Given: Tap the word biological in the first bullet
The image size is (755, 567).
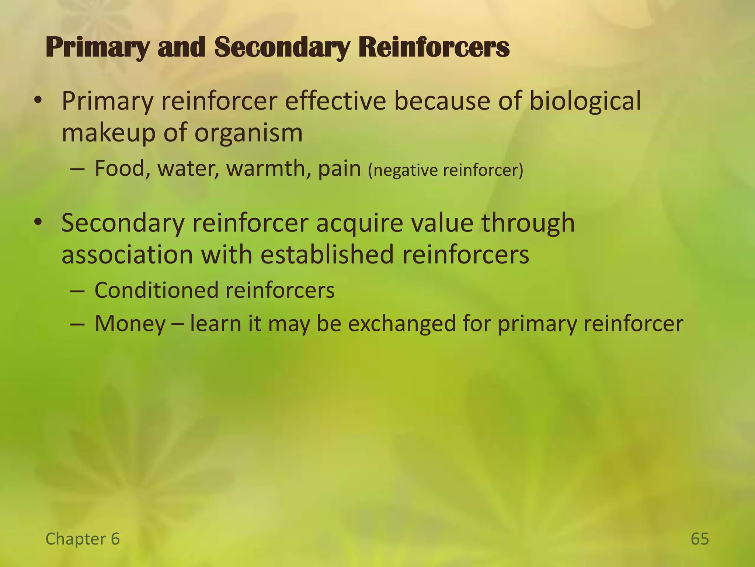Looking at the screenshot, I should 585,101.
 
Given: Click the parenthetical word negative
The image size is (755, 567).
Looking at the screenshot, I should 403,170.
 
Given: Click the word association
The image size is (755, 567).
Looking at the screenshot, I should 127,255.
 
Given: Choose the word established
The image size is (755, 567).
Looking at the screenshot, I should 327,255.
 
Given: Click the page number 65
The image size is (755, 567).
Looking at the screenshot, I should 700,539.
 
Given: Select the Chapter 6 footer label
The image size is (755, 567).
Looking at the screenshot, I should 83,539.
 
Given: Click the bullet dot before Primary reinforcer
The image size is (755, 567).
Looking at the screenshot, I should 38,100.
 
